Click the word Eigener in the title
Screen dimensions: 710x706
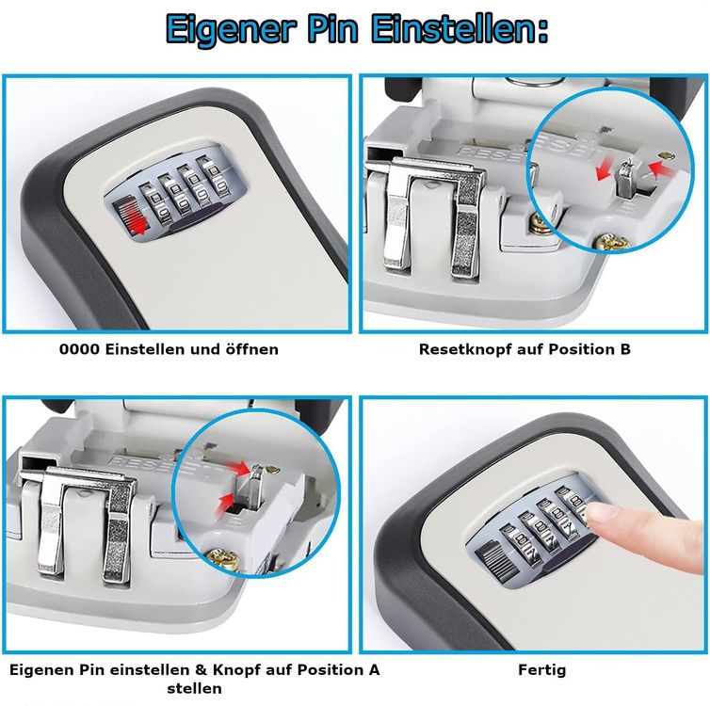pos(231,29)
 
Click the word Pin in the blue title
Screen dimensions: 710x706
pos(333,28)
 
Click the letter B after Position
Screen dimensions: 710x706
pos(626,349)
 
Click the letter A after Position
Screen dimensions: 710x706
pos(374,670)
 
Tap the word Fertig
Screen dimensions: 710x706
pos(542,670)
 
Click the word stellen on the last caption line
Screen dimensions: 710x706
pos(194,689)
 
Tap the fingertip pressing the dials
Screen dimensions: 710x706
pos(600,514)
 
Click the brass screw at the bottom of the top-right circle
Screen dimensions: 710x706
pos(610,243)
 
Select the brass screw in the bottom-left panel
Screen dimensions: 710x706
pos(223,559)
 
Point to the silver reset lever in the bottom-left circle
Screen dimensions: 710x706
pos(253,487)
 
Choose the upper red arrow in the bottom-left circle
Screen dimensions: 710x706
pos(236,468)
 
